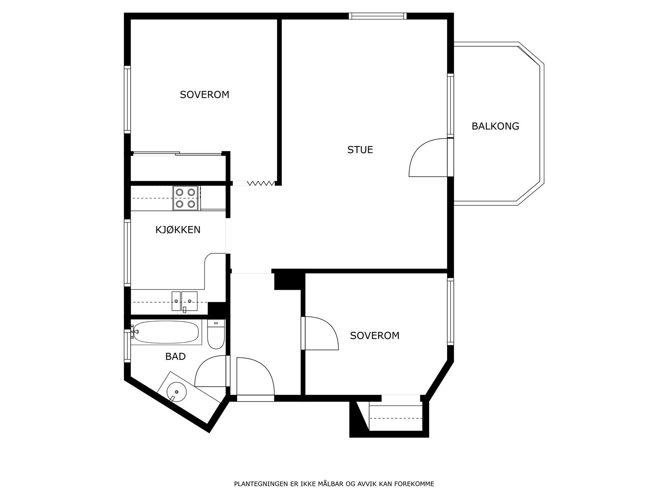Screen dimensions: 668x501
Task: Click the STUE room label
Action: (x=360, y=149)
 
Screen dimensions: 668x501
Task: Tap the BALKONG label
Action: (x=495, y=126)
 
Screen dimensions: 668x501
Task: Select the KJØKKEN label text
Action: (x=178, y=230)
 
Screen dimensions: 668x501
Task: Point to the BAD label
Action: (x=175, y=357)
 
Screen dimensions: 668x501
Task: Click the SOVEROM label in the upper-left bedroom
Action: (x=205, y=95)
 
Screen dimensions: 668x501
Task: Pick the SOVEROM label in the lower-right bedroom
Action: (x=374, y=336)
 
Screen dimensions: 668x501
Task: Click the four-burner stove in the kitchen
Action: (x=185, y=198)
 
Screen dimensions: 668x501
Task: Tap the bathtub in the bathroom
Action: (x=166, y=332)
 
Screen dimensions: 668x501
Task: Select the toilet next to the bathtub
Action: (x=216, y=334)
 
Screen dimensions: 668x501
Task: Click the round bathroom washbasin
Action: (x=177, y=392)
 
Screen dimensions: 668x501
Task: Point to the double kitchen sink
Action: (x=185, y=301)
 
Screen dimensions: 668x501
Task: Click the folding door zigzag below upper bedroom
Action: (x=261, y=183)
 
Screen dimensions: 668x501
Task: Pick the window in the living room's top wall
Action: (x=377, y=16)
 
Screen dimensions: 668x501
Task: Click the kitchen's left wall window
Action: (x=127, y=253)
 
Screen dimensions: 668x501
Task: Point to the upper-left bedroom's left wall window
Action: (x=127, y=99)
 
